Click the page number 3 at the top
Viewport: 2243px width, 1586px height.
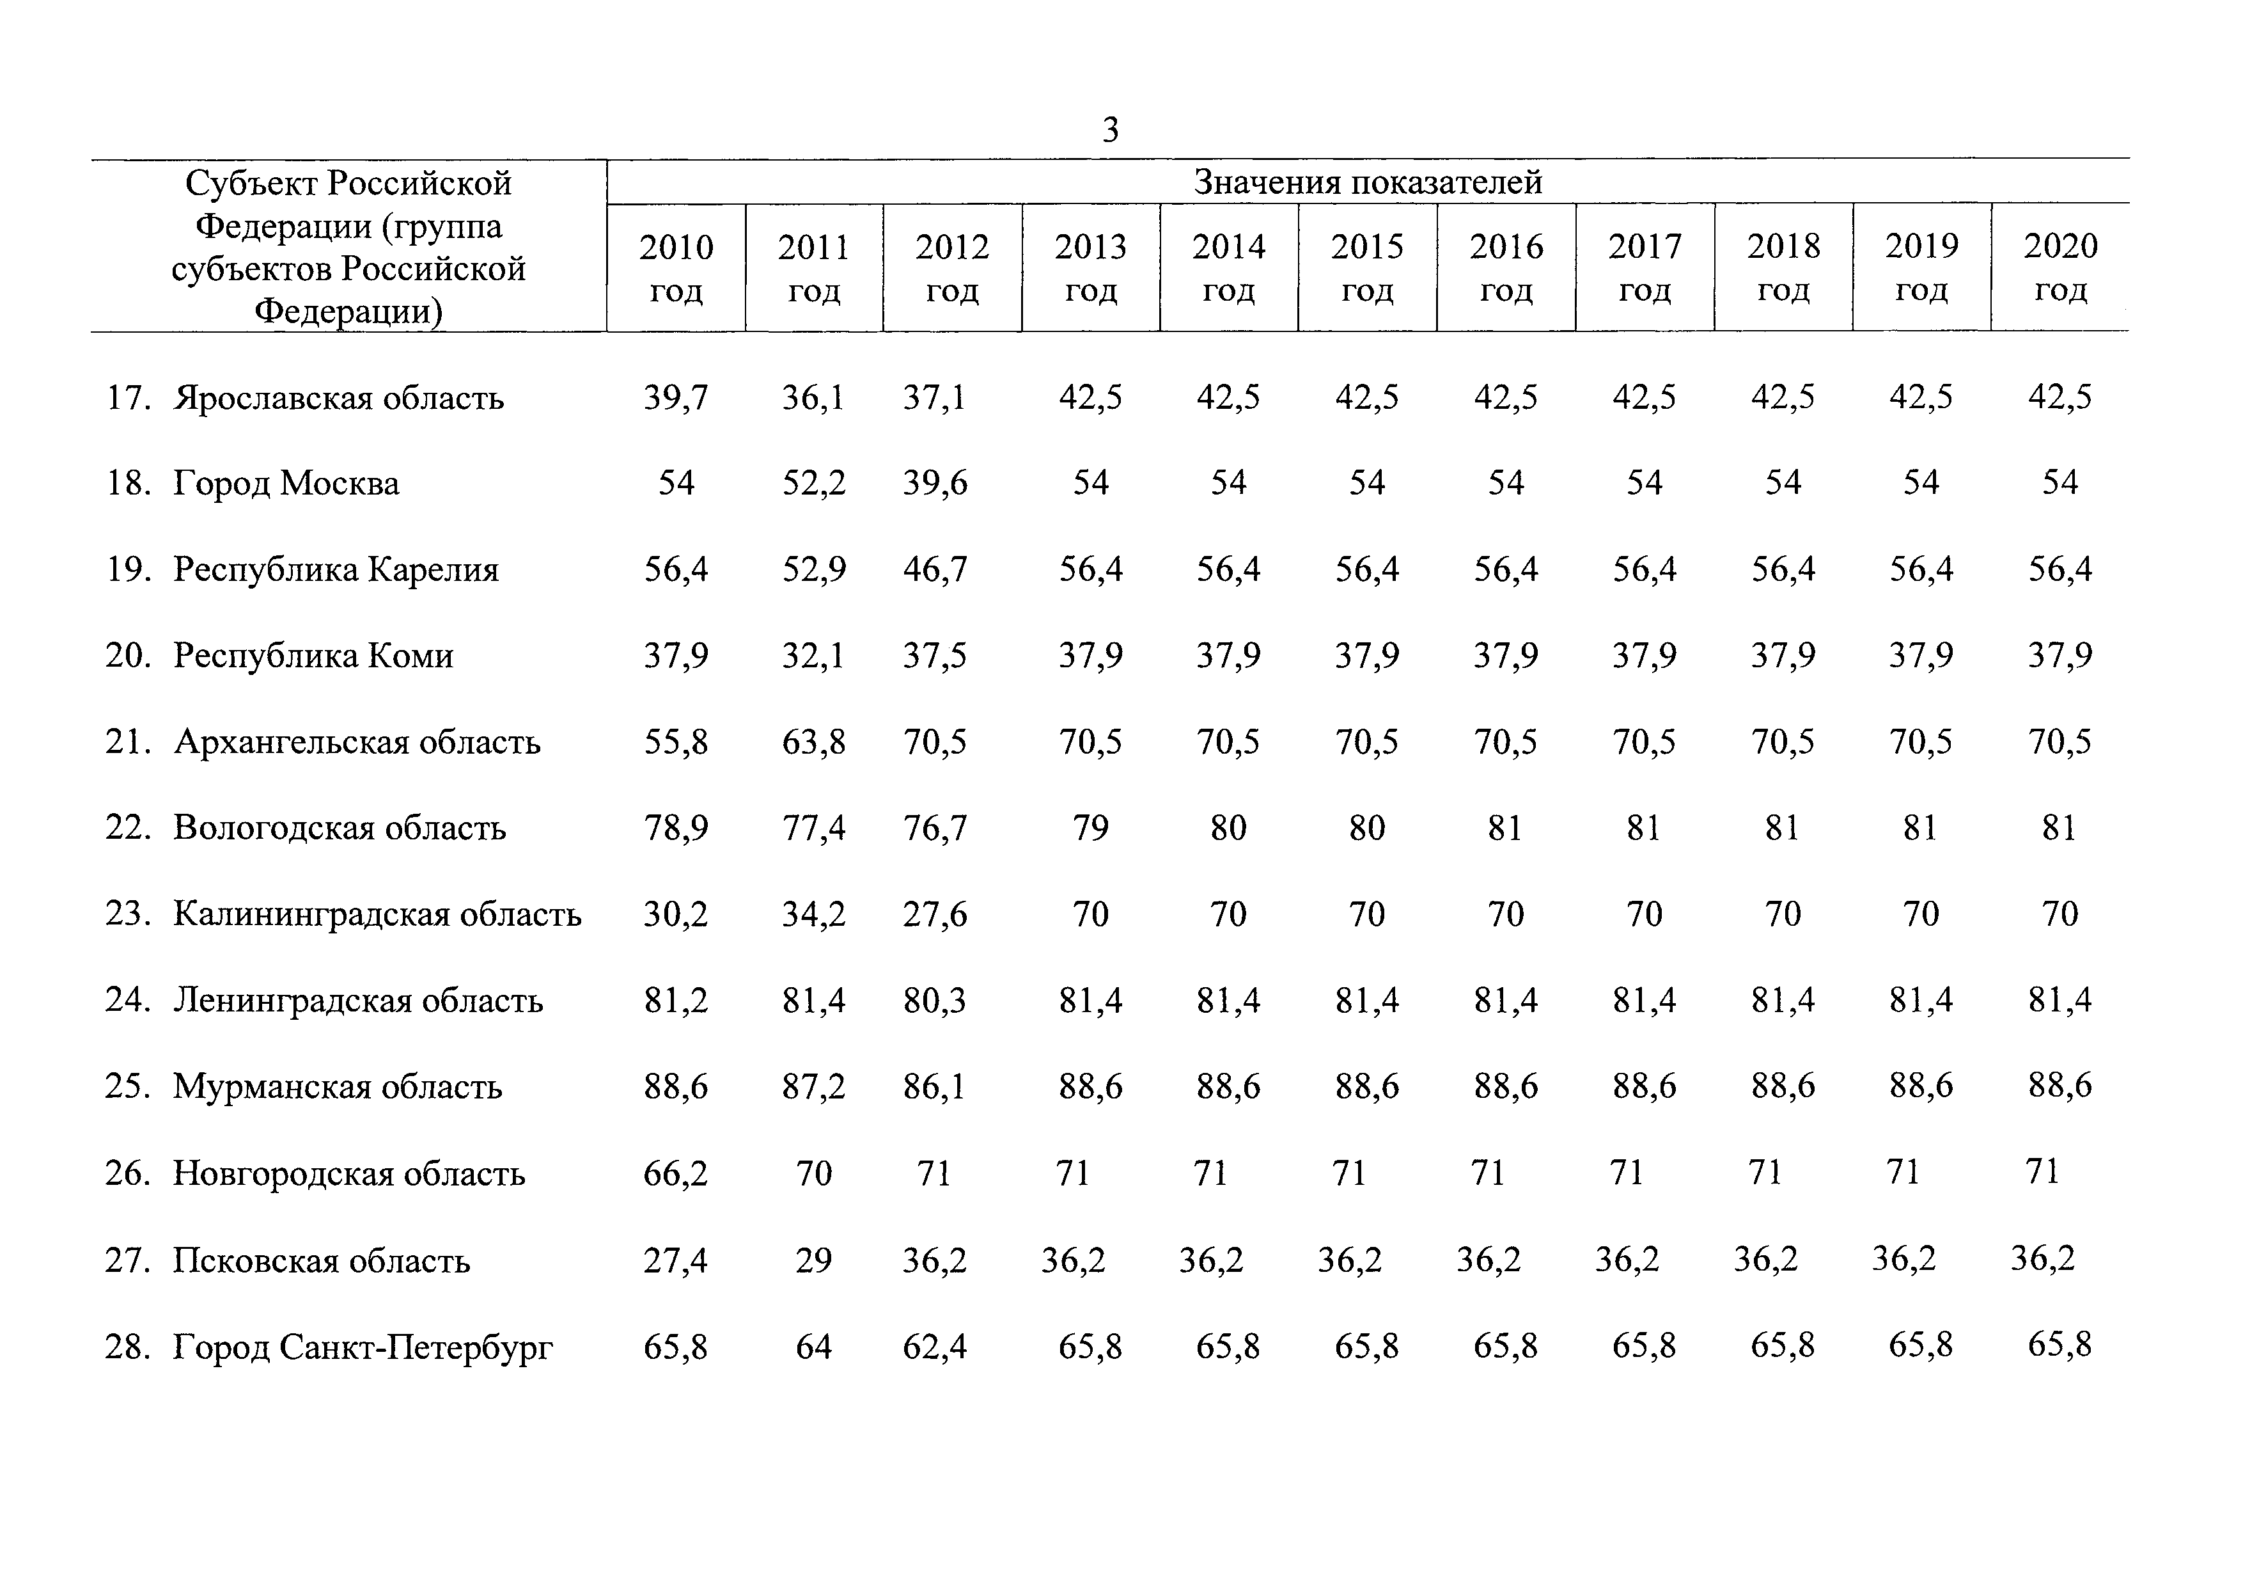pos(1110,129)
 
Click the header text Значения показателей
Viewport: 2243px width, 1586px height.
pos(1368,182)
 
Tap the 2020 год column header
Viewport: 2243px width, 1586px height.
pos(2060,267)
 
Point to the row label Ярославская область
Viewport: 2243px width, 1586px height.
pos(339,398)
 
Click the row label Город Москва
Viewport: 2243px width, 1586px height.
pos(286,484)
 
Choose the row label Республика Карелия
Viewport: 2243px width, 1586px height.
pos(336,569)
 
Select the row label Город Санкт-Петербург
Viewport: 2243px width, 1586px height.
pos(363,1347)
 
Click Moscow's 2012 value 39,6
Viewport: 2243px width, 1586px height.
pos(935,483)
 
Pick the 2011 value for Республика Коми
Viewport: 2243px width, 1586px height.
pos(814,654)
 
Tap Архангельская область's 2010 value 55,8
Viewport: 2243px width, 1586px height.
pos(676,741)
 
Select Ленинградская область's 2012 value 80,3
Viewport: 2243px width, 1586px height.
pos(935,1001)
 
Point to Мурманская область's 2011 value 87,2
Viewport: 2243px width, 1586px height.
pos(814,1086)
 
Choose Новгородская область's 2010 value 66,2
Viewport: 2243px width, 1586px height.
pos(676,1173)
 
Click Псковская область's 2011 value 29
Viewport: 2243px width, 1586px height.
pos(814,1260)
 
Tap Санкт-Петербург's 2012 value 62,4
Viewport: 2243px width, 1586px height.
pos(935,1347)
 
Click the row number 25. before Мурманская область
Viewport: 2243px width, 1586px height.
pos(128,1086)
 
